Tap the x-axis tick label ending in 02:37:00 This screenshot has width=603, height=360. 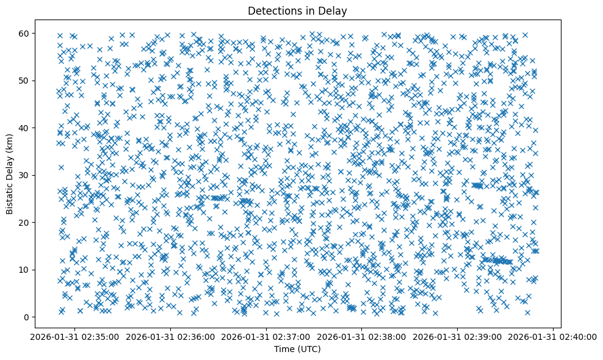266,336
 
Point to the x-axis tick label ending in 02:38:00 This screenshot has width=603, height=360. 362,336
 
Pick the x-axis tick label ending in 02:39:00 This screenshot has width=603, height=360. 458,336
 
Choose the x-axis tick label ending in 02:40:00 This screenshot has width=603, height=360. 553,336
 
